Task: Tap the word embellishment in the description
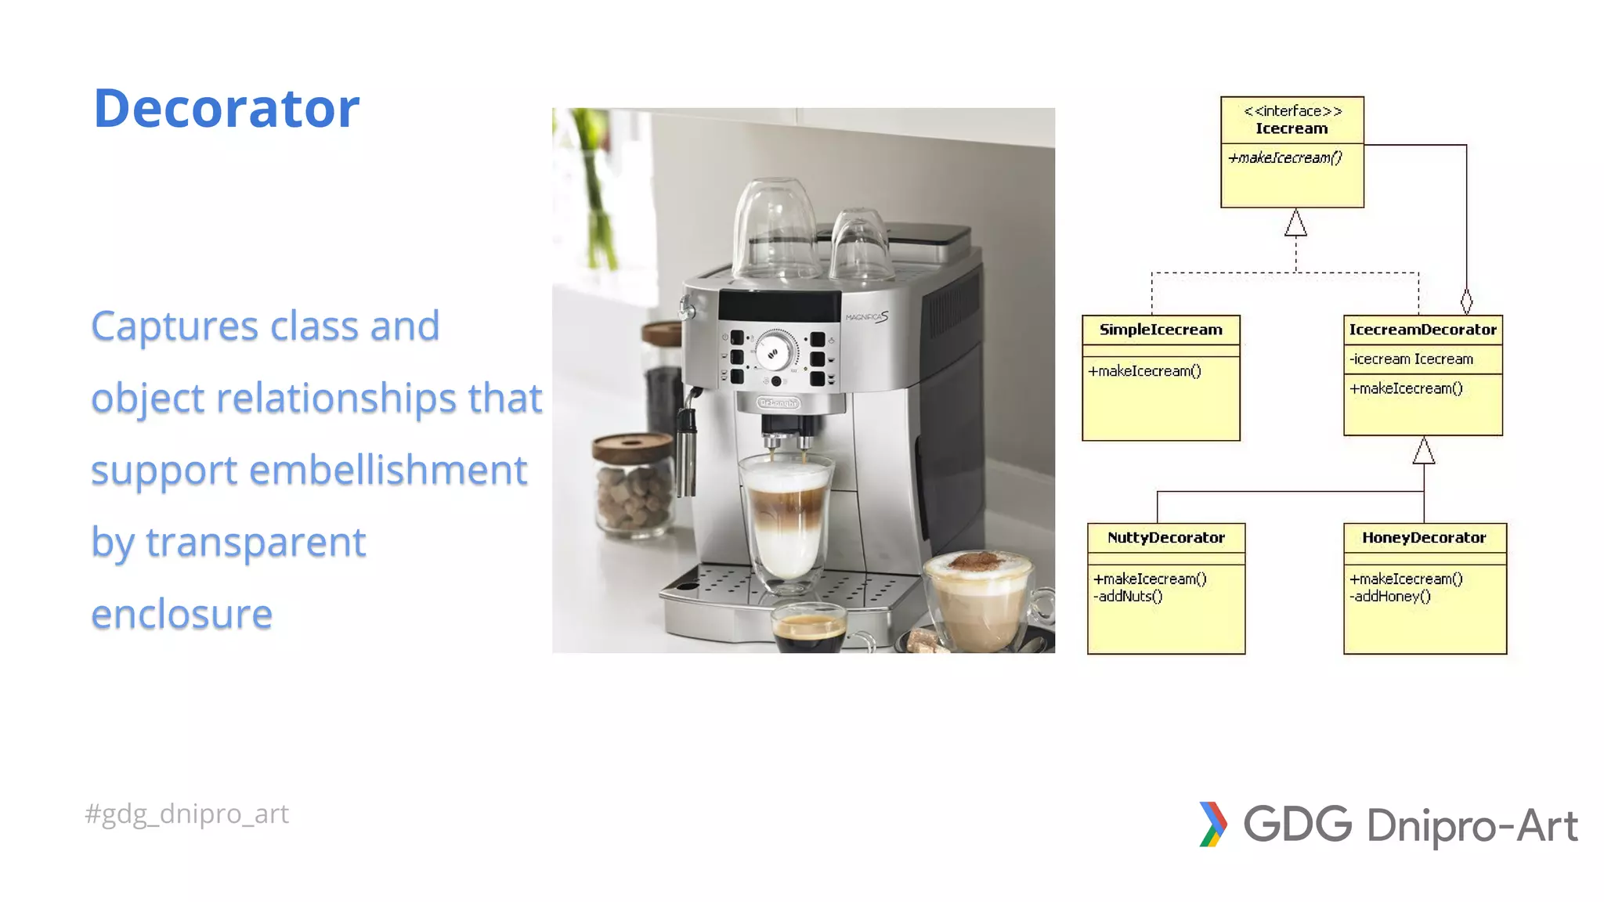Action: coord(388,471)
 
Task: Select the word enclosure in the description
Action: coord(182,614)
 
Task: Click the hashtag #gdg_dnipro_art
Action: coord(186,814)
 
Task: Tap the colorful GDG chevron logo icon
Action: coord(1212,824)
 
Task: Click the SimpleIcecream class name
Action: coord(1160,330)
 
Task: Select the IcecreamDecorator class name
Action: coord(1422,330)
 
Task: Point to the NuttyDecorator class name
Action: coord(1165,538)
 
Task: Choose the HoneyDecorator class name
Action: coord(1423,538)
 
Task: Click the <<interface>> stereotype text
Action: coord(1292,111)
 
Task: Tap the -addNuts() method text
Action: coord(1128,597)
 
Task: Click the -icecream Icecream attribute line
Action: coord(1411,359)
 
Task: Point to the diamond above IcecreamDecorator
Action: coord(1466,301)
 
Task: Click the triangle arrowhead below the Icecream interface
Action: coord(1295,224)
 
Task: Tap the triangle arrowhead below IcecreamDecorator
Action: coord(1424,452)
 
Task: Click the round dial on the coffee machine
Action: coord(774,350)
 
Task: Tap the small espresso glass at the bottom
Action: coord(809,630)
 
